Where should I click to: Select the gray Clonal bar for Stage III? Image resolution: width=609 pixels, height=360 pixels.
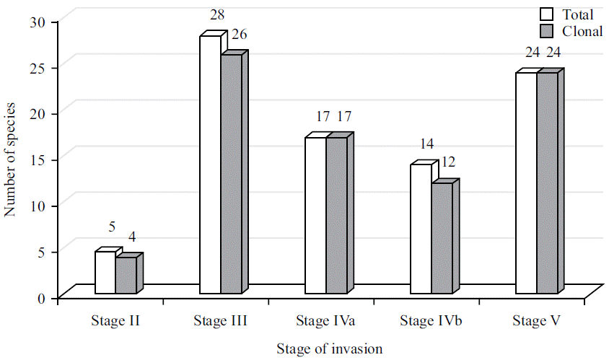pos(231,174)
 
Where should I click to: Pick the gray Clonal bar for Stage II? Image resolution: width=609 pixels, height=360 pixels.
pos(126,276)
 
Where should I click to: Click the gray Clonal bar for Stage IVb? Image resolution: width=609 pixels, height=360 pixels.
pos(442,238)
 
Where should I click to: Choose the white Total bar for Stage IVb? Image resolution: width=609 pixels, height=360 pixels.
pos(421,229)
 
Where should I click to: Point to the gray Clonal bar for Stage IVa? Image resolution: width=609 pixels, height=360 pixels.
pos(336,215)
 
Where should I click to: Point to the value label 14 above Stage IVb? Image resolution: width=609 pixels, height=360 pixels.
pos(426,144)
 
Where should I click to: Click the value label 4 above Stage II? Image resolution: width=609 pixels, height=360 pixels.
pos(131,237)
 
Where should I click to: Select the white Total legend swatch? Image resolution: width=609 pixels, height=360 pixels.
pos(546,14)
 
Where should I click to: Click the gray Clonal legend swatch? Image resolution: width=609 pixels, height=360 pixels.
pos(546,30)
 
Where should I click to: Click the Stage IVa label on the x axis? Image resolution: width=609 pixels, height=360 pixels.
pos(325,321)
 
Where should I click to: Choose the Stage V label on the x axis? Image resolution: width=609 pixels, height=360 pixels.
pos(536,321)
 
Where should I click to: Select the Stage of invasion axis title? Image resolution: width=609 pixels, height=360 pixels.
pos(329,349)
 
